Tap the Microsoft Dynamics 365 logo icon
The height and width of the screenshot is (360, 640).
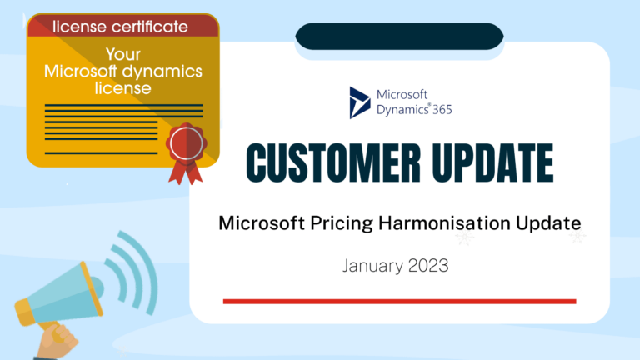point(360,102)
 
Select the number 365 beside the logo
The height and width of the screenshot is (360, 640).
point(438,109)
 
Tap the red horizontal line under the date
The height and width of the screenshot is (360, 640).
point(399,301)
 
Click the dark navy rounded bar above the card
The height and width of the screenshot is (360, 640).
point(399,36)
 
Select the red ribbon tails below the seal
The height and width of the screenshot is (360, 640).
point(184,172)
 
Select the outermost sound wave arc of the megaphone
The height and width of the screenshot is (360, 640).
point(147,257)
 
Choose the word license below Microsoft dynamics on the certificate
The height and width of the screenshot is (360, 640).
point(123,87)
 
